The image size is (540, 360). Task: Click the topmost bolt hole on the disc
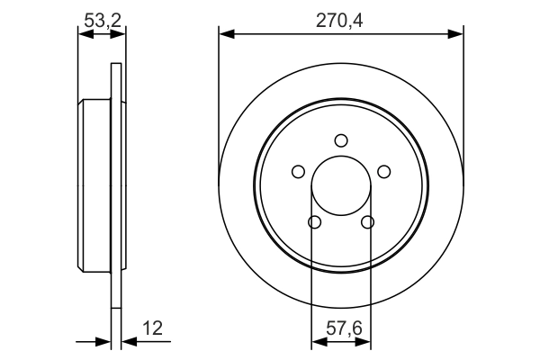340,140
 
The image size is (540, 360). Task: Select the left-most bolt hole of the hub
297,172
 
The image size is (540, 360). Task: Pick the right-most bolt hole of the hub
384,172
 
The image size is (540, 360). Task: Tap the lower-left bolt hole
313,222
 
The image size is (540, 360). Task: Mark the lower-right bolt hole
367,222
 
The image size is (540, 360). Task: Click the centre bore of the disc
340,184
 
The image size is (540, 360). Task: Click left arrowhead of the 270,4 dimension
226,34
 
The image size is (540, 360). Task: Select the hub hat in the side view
95,185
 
